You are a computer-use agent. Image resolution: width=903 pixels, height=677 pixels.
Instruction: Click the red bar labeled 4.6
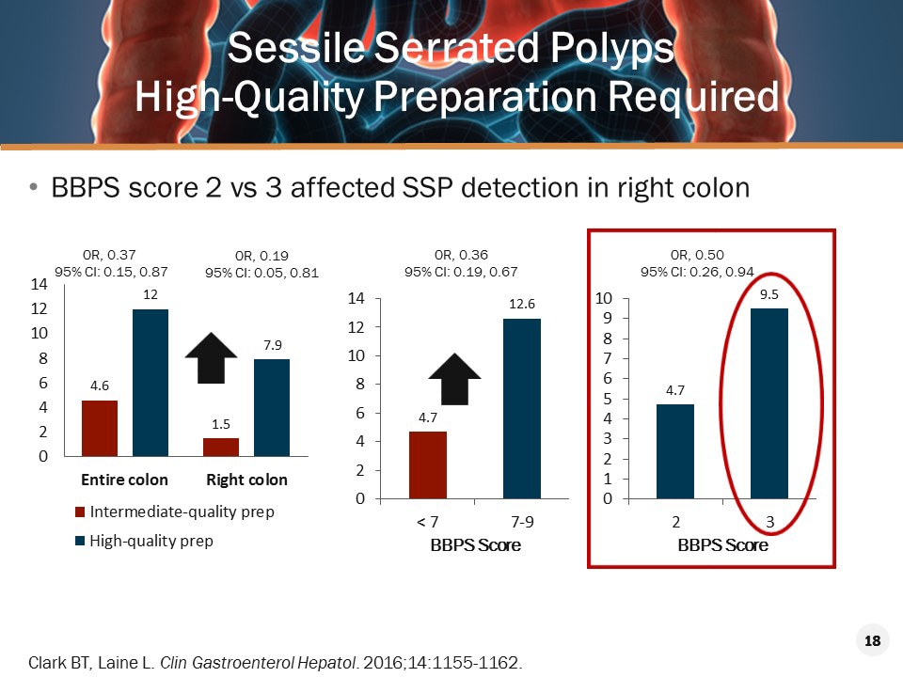99,428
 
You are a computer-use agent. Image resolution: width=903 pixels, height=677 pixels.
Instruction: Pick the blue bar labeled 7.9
271,407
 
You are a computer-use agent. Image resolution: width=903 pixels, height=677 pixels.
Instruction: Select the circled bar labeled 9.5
768,403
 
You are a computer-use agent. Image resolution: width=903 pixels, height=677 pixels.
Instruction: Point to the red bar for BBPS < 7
428,464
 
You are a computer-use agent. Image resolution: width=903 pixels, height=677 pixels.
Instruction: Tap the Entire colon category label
124,480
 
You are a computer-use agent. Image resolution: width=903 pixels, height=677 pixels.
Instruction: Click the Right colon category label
246,480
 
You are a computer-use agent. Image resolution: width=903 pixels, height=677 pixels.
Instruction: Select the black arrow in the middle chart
454,378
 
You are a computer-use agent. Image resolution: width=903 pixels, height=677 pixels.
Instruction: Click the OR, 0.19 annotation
261,255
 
